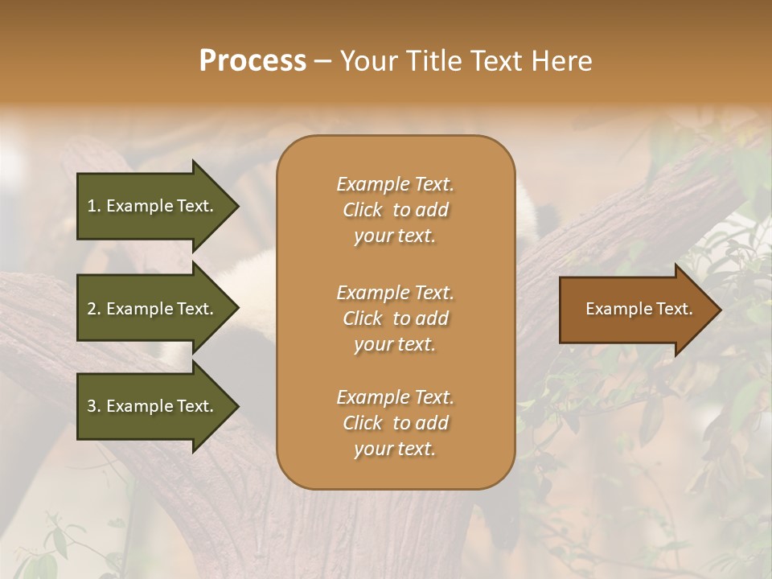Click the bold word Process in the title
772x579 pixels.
253,61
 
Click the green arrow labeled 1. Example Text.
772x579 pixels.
153,206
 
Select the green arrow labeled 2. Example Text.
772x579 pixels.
153,309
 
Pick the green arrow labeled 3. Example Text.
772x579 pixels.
153,406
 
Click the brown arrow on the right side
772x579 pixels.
635,310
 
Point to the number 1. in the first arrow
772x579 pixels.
94,206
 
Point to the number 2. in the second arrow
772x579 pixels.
94,309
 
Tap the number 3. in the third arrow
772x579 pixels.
94,406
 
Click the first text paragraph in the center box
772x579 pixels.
395,210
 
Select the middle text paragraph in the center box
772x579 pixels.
395,318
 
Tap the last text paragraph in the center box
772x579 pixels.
395,423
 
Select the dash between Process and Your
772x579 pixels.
323,61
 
